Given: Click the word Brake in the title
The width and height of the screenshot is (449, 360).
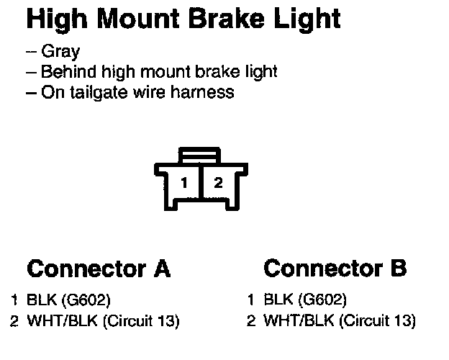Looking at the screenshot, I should pyautogui.click(x=230, y=19).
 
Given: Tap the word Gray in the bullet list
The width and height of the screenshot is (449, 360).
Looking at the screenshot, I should pyautogui.click(x=61, y=53).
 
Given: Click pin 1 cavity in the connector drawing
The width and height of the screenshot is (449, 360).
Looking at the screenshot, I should pyautogui.click(x=185, y=183).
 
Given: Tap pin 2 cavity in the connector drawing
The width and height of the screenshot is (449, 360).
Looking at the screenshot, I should pyautogui.click(x=218, y=183).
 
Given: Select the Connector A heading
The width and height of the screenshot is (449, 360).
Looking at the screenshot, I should pyautogui.click(x=99, y=269).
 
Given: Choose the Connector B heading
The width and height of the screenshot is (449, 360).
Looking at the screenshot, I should pyautogui.click(x=335, y=269).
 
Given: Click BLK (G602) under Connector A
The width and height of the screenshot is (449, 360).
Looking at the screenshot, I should pyautogui.click(x=69, y=300).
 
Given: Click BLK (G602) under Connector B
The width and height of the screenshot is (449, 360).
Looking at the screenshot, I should pyautogui.click(x=306, y=300).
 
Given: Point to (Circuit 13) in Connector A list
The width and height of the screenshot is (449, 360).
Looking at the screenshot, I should pyautogui.click(x=141, y=320).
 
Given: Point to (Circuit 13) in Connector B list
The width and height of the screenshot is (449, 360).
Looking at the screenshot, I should pyautogui.click(x=377, y=320).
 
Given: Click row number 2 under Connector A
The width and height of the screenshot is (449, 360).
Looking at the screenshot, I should pyautogui.click(x=14, y=320).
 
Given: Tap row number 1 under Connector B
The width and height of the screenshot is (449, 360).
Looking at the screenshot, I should pyautogui.click(x=251, y=300).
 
